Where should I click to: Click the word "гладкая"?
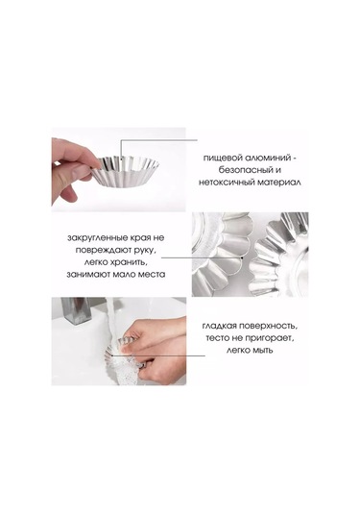[x=219, y=326]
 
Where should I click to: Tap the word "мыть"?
[x=262, y=351]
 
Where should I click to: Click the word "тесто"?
[x=217, y=338]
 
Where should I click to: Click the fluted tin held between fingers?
[x=125, y=171]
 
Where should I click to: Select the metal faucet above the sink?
[x=75, y=310]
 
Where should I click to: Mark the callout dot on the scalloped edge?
[x=242, y=258]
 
